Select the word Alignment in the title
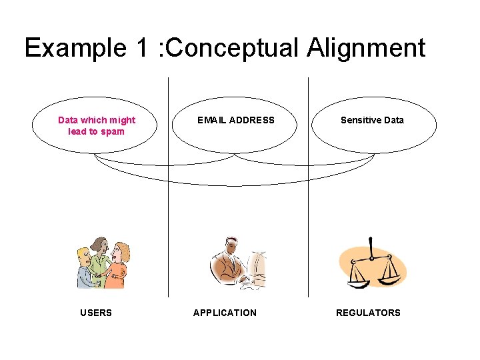[366, 49]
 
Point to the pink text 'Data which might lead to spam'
[97, 125]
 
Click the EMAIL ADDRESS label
[236, 120]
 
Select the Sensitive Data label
[372, 120]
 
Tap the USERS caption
[96, 313]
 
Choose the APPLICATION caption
[225, 313]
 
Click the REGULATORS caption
[368, 313]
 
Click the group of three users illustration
[103, 263]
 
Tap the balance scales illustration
[371, 263]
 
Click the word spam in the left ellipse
[113, 131]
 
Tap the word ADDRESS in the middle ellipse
[251, 120]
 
